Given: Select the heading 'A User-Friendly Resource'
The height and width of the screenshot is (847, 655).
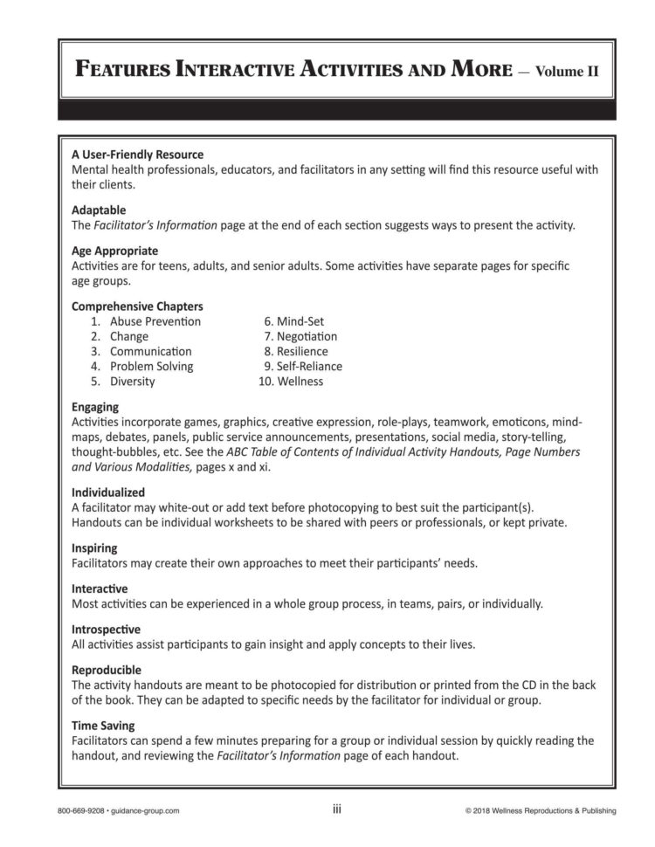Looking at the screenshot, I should click(x=137, y=155).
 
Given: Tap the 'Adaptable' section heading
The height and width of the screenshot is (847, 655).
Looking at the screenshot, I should click(x=99, y=210).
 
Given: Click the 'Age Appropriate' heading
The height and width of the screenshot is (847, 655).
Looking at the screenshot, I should click(x=114, y=251).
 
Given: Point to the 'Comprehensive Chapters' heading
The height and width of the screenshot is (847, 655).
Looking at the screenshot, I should click(x=137, y=306).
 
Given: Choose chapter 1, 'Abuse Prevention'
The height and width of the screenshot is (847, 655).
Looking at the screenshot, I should click(x=155, y=321).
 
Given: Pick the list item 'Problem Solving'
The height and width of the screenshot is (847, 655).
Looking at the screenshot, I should click(x=151, y=366).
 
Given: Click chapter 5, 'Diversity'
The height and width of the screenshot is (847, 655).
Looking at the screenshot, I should click(x=132, y=382).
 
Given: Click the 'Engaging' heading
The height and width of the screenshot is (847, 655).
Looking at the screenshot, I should click(x=95, y=407).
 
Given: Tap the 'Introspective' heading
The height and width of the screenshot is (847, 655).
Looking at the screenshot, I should click(x=106, y=630).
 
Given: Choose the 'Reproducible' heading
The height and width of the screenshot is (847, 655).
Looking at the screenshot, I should click(x=106, y=669).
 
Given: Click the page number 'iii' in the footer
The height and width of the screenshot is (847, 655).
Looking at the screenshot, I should click(x=337, y=809).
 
